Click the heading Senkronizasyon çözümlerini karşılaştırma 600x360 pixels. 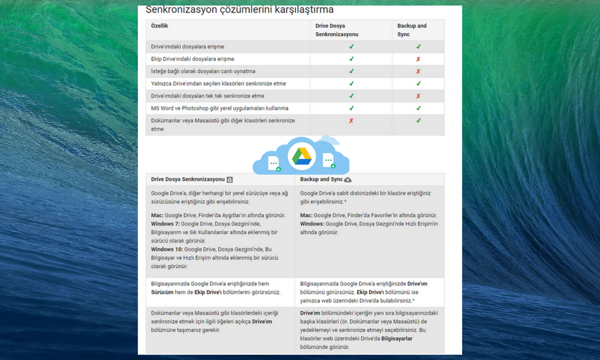[240, 10]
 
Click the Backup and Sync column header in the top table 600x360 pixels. [412, 30]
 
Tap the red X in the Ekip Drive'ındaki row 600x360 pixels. [418, 59]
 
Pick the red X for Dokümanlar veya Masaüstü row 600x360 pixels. [351, 121]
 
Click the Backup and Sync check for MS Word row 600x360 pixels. [418, 108]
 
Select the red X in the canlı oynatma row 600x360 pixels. [418, 71]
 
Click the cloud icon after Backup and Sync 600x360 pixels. [348, 179]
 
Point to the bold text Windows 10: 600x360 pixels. [167, 249]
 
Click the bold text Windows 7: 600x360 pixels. [165, 223]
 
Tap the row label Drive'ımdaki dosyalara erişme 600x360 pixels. [188, 46]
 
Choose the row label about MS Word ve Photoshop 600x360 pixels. [220, 108]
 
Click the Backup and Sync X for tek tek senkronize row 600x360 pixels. [418, 96]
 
